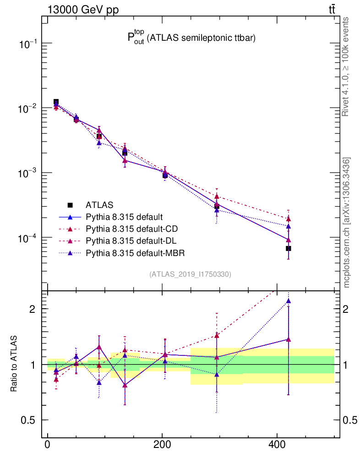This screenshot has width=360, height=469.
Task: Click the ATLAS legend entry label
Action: [99, 205]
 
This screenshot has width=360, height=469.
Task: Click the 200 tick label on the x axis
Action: [162, 445]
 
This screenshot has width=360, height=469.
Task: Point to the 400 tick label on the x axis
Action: [277, 445]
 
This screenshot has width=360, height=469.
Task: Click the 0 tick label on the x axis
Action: [48, 445]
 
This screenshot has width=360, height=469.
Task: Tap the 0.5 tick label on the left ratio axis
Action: [28, 420]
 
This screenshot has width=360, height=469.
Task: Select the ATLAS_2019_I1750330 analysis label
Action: [190, 274]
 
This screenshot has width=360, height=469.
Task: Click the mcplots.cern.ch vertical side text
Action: [347, 223]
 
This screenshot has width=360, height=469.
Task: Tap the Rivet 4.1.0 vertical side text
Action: [347, 66]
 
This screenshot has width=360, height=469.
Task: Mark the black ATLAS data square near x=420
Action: [289, 248]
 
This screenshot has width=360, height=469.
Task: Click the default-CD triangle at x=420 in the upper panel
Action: [289, 219]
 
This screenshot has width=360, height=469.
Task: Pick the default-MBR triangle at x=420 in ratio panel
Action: [289, 301]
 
